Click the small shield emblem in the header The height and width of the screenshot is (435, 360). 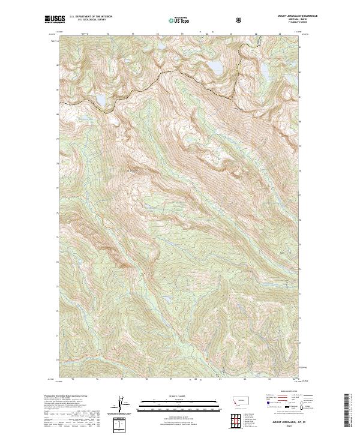pos(240,20)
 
